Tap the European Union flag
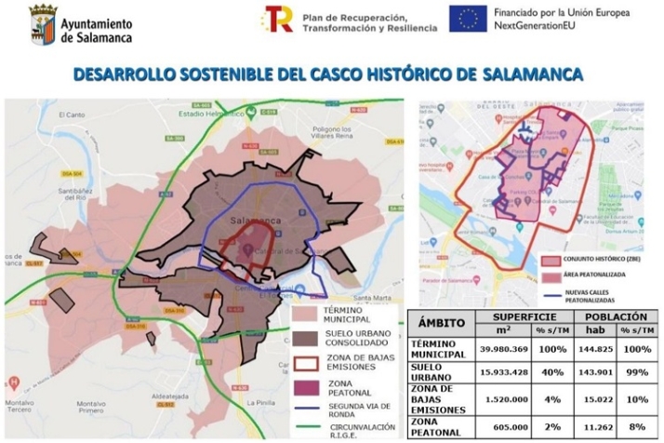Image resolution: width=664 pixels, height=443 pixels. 468,19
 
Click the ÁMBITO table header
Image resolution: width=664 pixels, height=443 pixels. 442,323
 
